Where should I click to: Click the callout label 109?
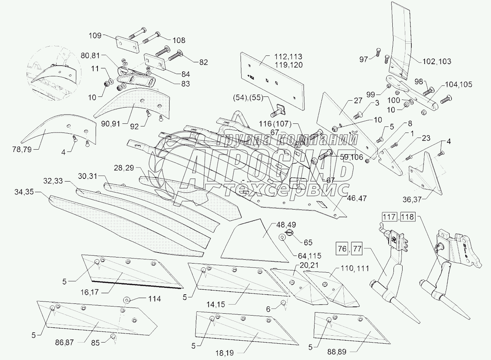[x=95, y=36]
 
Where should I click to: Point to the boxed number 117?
[x=388, y=217]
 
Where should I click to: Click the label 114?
[x=154, y=299]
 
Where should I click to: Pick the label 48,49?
[x=282, y=219]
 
